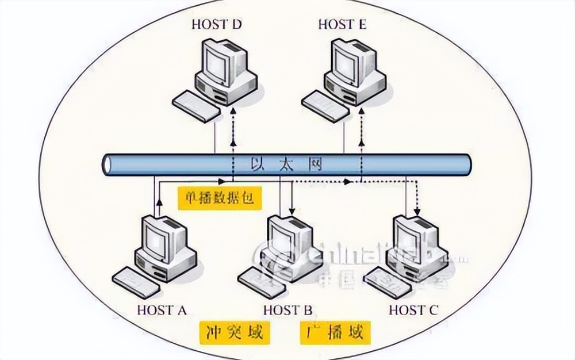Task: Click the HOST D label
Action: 217,24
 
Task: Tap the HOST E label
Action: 342,24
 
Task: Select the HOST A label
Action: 163,310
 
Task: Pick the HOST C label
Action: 413,310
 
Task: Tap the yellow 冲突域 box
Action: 234,333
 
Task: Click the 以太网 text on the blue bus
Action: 286,164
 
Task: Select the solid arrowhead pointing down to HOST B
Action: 292,208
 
